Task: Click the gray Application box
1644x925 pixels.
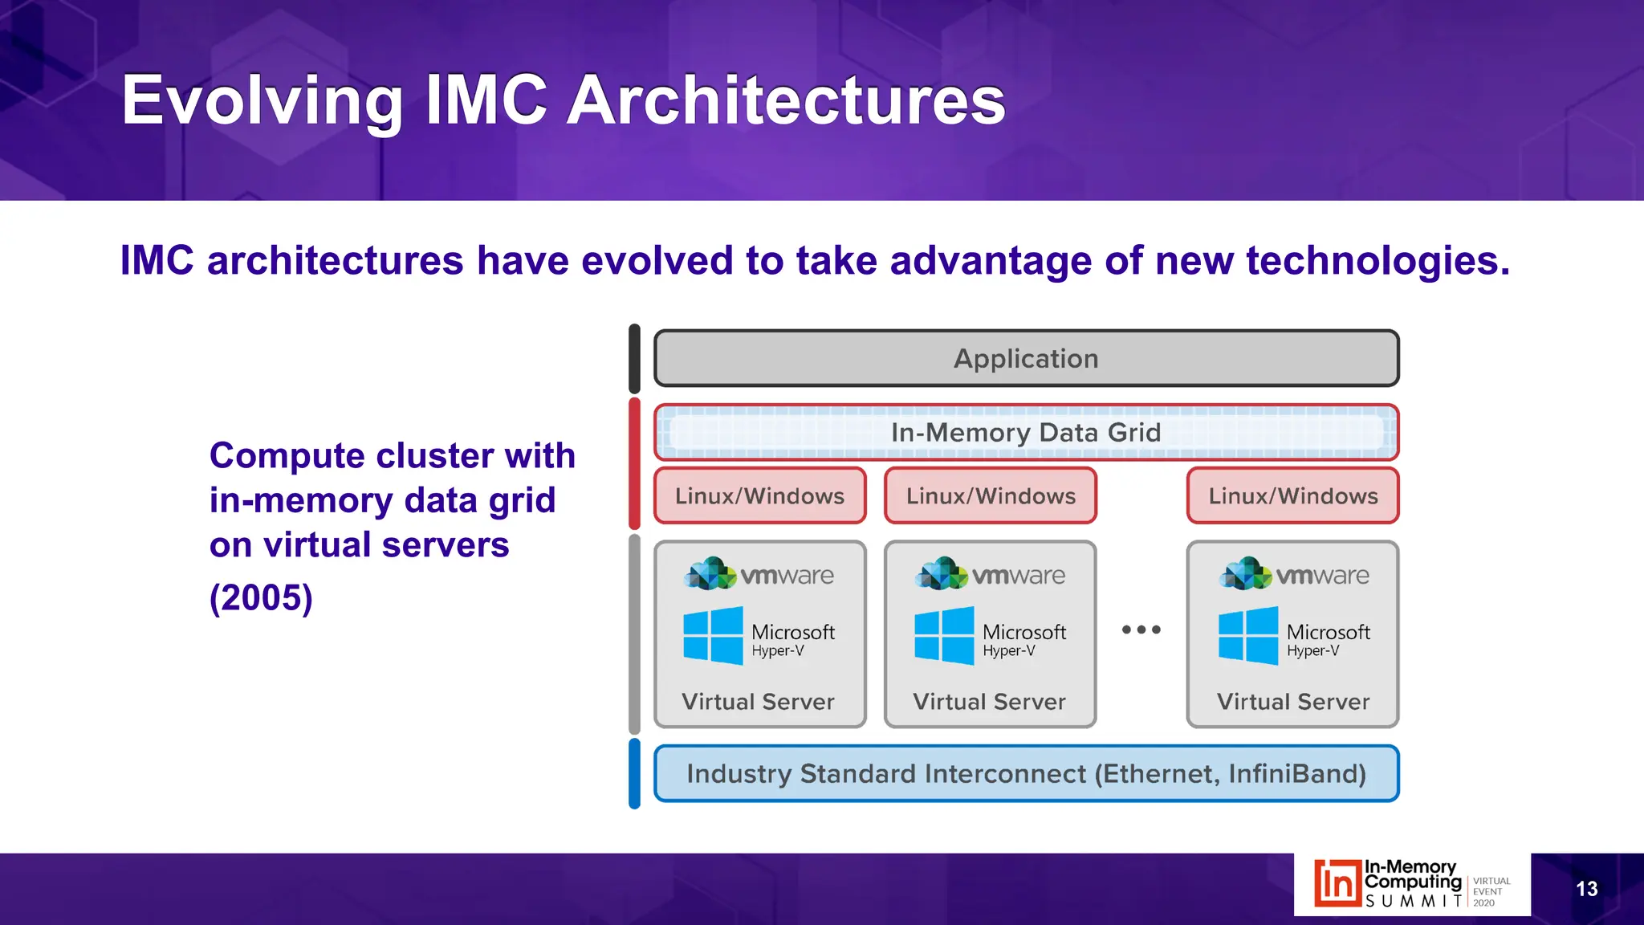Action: tap(1026, 358)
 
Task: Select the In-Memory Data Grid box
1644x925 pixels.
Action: tap(1026, 433)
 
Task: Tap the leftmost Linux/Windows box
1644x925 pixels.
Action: tap(759, 496)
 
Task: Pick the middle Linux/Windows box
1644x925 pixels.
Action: tap(991, 496)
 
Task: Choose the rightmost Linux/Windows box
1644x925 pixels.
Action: tap(1292, 496)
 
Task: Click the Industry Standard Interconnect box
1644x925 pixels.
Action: tap(1026, 774)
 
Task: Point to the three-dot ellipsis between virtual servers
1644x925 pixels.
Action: tap(1141, 630)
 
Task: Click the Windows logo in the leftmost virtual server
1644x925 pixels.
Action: tap(713, 636)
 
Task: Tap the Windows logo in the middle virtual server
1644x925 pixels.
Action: tap(944, 636)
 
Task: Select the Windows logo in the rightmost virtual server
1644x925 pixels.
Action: tap(1247, 636)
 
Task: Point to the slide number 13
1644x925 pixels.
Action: tap(1586, 889)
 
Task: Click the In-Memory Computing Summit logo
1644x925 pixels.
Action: tap(1411, 884)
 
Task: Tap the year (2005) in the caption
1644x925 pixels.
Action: tap(261, 598)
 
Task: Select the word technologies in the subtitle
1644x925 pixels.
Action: tap(1377, 261)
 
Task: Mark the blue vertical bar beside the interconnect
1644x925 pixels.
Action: tap(634, 774)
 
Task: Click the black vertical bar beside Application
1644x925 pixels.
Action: tap(634, 358)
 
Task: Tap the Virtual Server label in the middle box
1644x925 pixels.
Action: tap(989, 702)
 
